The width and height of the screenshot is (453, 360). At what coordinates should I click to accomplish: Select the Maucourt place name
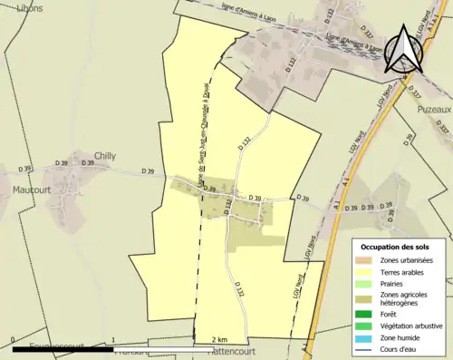pos(32,190)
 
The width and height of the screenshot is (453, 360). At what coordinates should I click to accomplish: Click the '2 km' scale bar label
pos(218,339)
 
